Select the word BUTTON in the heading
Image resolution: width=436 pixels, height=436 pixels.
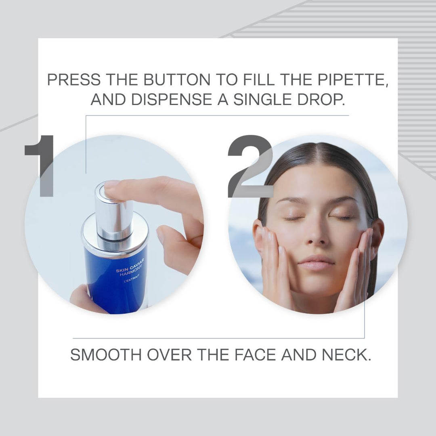(x=177, y=80)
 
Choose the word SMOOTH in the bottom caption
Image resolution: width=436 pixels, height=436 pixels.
(x=106, y=354)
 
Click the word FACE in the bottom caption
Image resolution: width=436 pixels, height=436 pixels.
(x=256, y=354)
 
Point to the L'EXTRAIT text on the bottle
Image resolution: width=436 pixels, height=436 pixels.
(x=132, y=279)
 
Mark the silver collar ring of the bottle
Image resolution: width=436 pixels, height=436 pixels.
(x=115, y=232)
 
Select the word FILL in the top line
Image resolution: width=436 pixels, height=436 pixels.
(x=259, y=80)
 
